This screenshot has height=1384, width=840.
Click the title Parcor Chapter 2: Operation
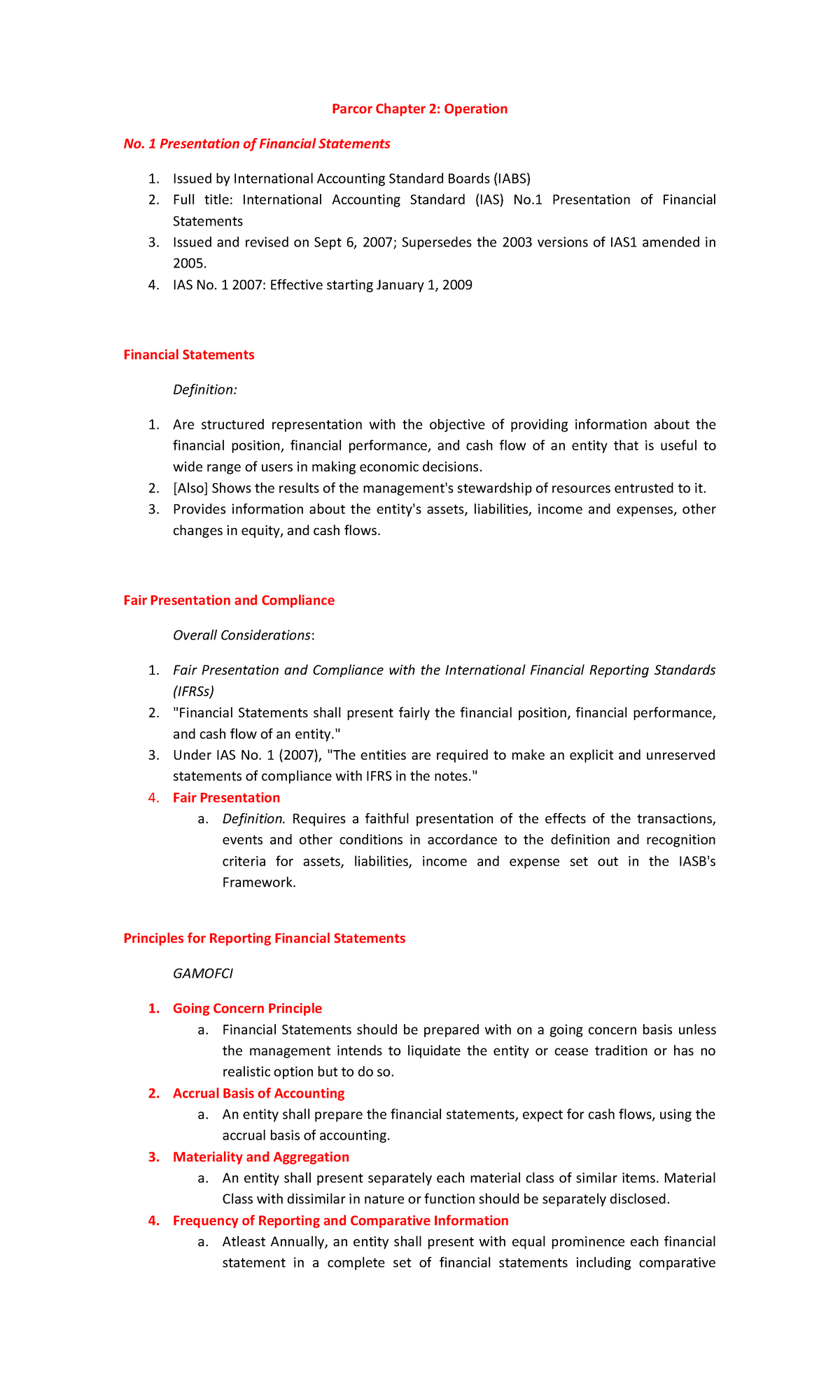(x=419, y=109)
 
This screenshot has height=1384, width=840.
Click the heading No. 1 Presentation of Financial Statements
(x=256, y=144)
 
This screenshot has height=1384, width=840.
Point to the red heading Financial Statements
(x=189, y=354)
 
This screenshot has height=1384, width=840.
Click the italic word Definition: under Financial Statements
(x=204, y=389)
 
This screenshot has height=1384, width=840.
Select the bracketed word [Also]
(x=190, y=488)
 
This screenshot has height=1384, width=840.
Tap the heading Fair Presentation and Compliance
(x=229, y=600)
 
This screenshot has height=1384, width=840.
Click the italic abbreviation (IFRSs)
(x=193, y=691)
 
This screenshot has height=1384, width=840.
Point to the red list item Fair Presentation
(x=226, y=798)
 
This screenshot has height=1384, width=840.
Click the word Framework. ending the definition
(x=259, y=883)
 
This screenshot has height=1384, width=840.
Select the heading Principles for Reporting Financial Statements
(x=264, y=938)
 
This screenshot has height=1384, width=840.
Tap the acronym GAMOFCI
(x=203, y=974)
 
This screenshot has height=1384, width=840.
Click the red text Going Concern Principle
(x=247, y=1009)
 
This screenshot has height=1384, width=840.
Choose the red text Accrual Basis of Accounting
(x=258, y=1093)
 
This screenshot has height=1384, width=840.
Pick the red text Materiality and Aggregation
(x=260, y=1157)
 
